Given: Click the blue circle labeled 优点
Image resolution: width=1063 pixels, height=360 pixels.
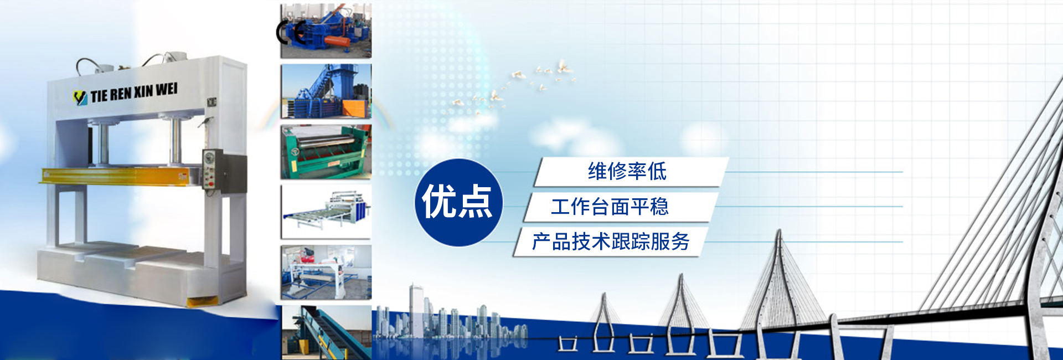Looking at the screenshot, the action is pos(458,202).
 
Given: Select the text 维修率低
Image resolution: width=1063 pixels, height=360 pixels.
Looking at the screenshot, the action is pos(627,172).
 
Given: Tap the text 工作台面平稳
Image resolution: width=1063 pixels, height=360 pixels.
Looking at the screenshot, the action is pos(610,207).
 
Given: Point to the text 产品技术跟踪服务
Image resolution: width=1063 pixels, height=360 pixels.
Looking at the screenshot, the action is pos(611,241).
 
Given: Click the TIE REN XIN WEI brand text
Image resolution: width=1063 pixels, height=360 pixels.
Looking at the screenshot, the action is pos(134,92).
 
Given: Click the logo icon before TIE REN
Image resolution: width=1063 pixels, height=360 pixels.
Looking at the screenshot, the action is pos(81,97).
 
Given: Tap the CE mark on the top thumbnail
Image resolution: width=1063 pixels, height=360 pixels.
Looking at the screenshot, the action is pos(291,32).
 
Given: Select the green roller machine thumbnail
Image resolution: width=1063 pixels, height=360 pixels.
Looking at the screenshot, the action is pos(326,152).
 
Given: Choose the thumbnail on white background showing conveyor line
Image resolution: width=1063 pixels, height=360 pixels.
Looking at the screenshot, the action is pos(326,212).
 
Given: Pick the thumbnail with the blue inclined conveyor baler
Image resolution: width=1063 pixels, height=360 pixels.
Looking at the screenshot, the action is pos(326,91).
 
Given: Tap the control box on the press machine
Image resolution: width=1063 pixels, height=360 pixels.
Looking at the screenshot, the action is pos(225,172).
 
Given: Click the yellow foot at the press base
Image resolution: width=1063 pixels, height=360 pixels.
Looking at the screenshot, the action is pos(202,302).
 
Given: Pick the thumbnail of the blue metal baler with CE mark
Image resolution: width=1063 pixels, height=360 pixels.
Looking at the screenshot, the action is pos(326,31).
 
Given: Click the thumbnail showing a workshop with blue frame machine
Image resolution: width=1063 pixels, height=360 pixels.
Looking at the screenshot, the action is pos(326,272).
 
